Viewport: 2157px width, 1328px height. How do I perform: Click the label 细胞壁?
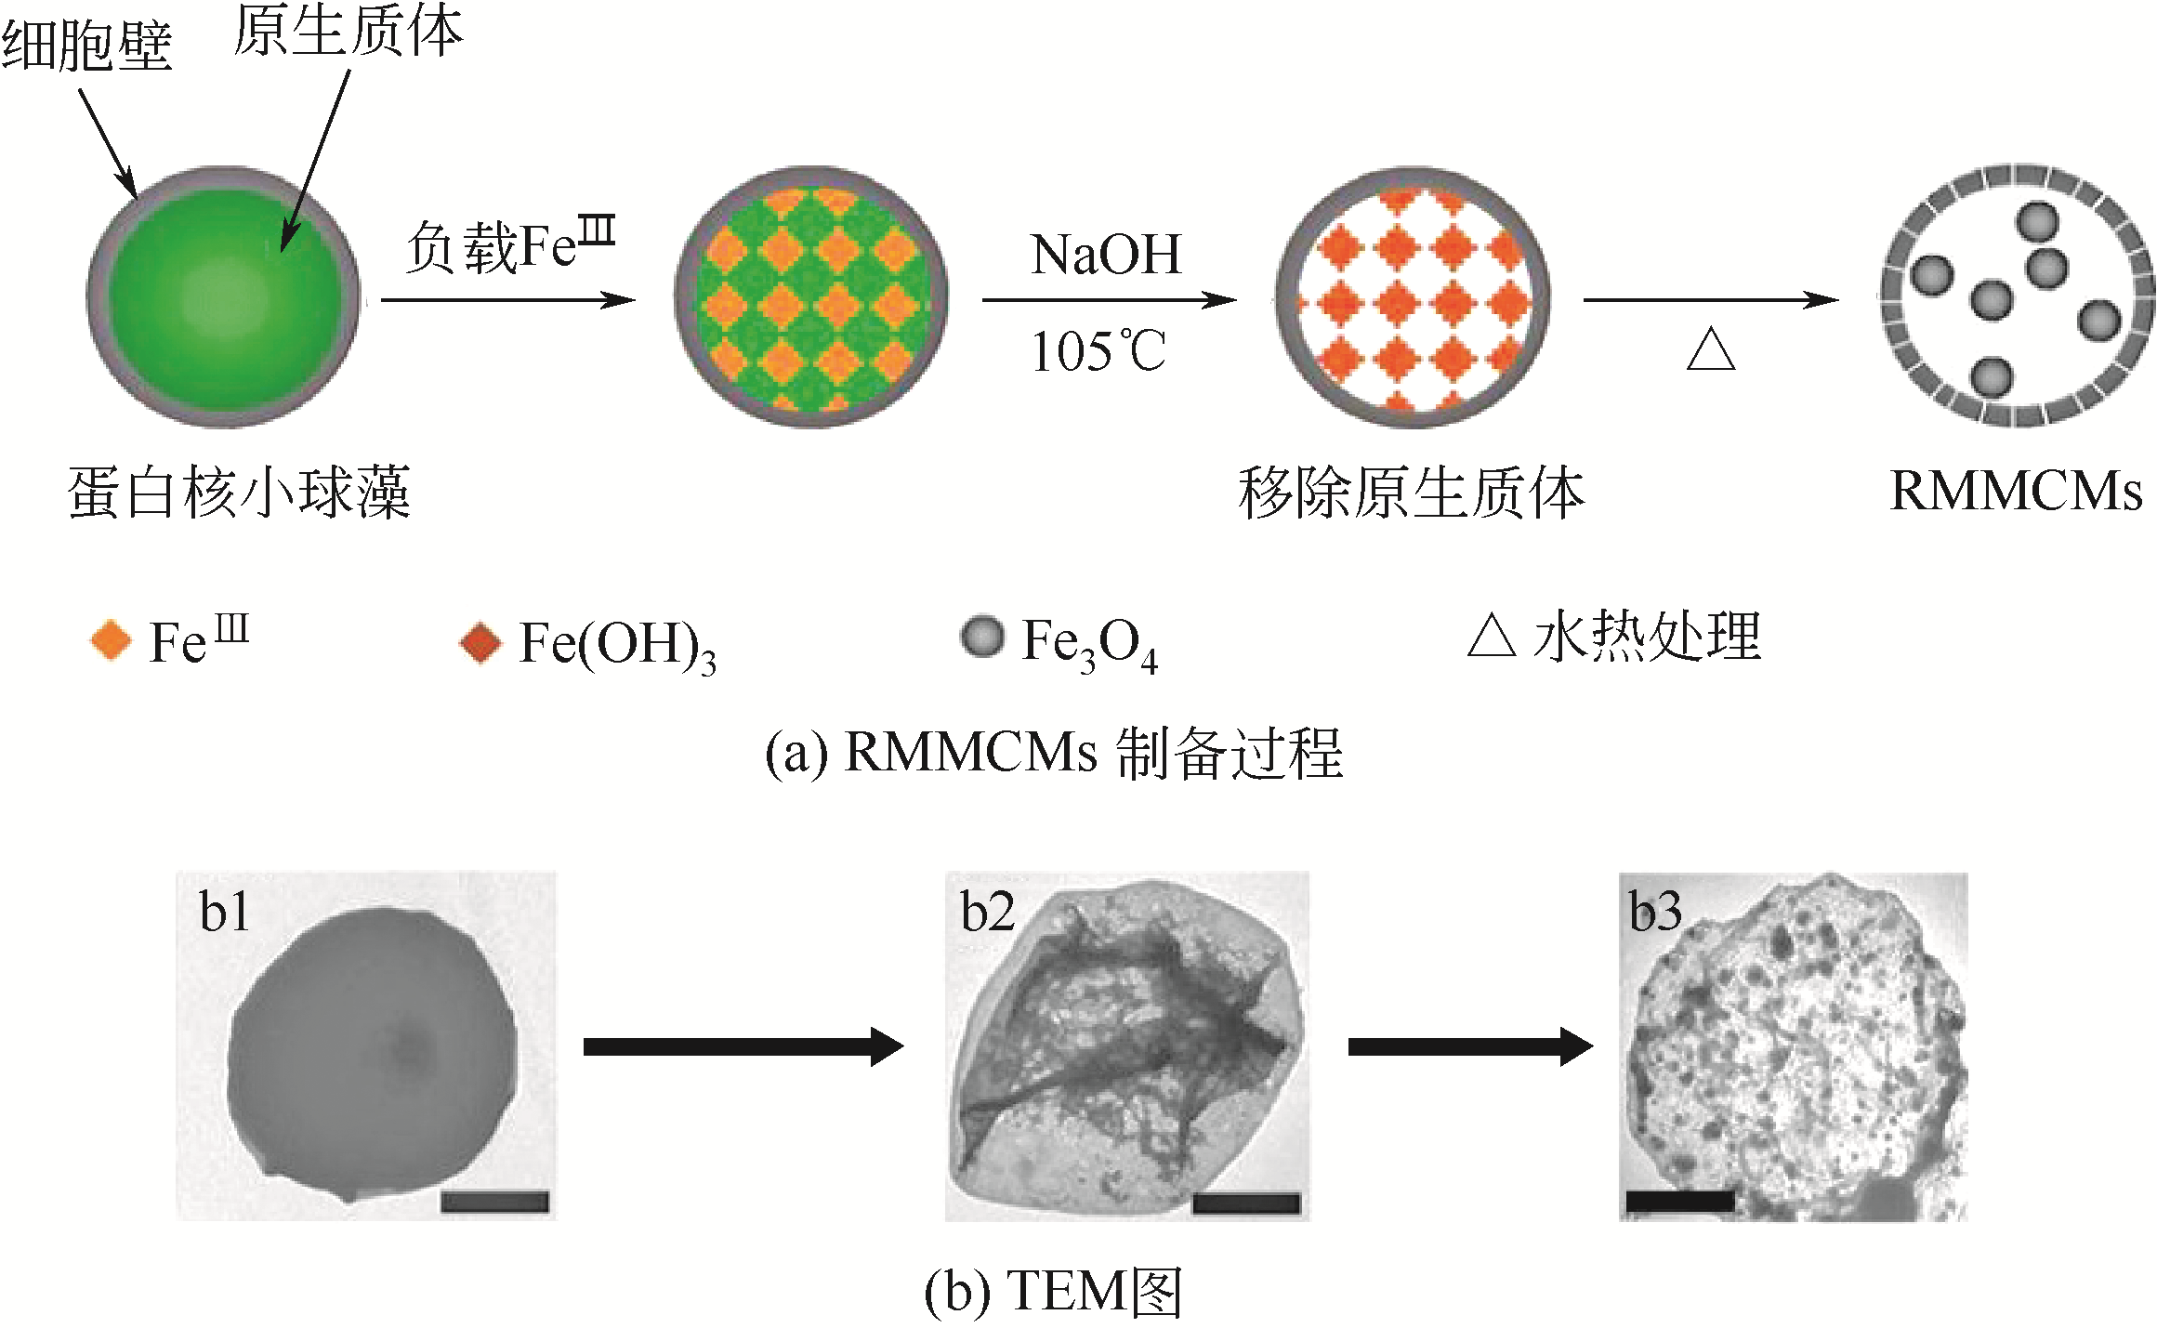click(86, 45)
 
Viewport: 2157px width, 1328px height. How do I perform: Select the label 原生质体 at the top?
click(348, 32)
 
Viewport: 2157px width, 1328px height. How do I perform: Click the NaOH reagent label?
click(1105, 255)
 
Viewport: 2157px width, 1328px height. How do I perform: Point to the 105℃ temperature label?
click(1098, 351)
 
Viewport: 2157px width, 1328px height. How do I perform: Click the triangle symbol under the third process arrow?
click(1710, 351)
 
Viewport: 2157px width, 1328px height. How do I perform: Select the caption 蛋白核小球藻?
click(239, 492)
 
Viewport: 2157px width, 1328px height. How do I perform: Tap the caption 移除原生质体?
click(1411, 493)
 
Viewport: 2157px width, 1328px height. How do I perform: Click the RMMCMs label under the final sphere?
click(2016, 491)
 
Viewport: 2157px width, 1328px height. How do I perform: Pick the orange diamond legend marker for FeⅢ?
click(112, 640)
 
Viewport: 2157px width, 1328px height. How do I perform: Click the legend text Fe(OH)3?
click(617, 644)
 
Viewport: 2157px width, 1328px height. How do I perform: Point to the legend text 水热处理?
click(1647, 638)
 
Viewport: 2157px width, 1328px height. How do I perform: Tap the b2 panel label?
click(987, 912)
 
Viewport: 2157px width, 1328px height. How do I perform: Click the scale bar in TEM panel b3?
click(1680, 1201)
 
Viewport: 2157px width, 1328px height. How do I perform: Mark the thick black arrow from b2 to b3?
click(1470, 1046)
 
